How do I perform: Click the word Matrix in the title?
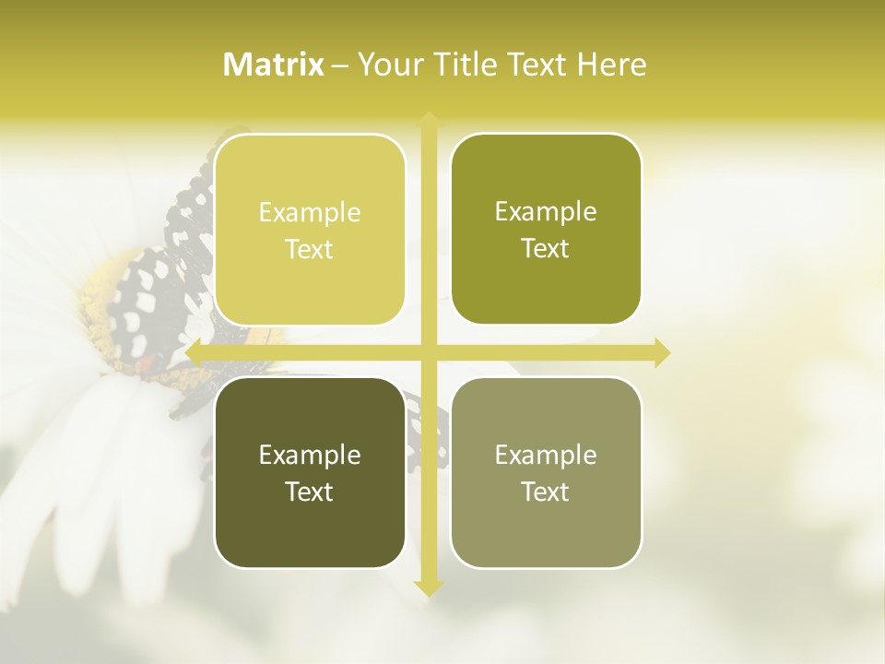point(274,64)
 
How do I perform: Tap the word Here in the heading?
point(612,64)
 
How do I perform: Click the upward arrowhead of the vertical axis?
point(429,119)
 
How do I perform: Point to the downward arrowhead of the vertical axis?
point(429,587)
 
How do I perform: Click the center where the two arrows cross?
point(429,352)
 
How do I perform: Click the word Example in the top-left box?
point(310,212)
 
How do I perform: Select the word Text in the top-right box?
point(546,248)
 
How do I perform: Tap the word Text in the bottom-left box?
point(310,492)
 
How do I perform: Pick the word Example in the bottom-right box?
point(546,455)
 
